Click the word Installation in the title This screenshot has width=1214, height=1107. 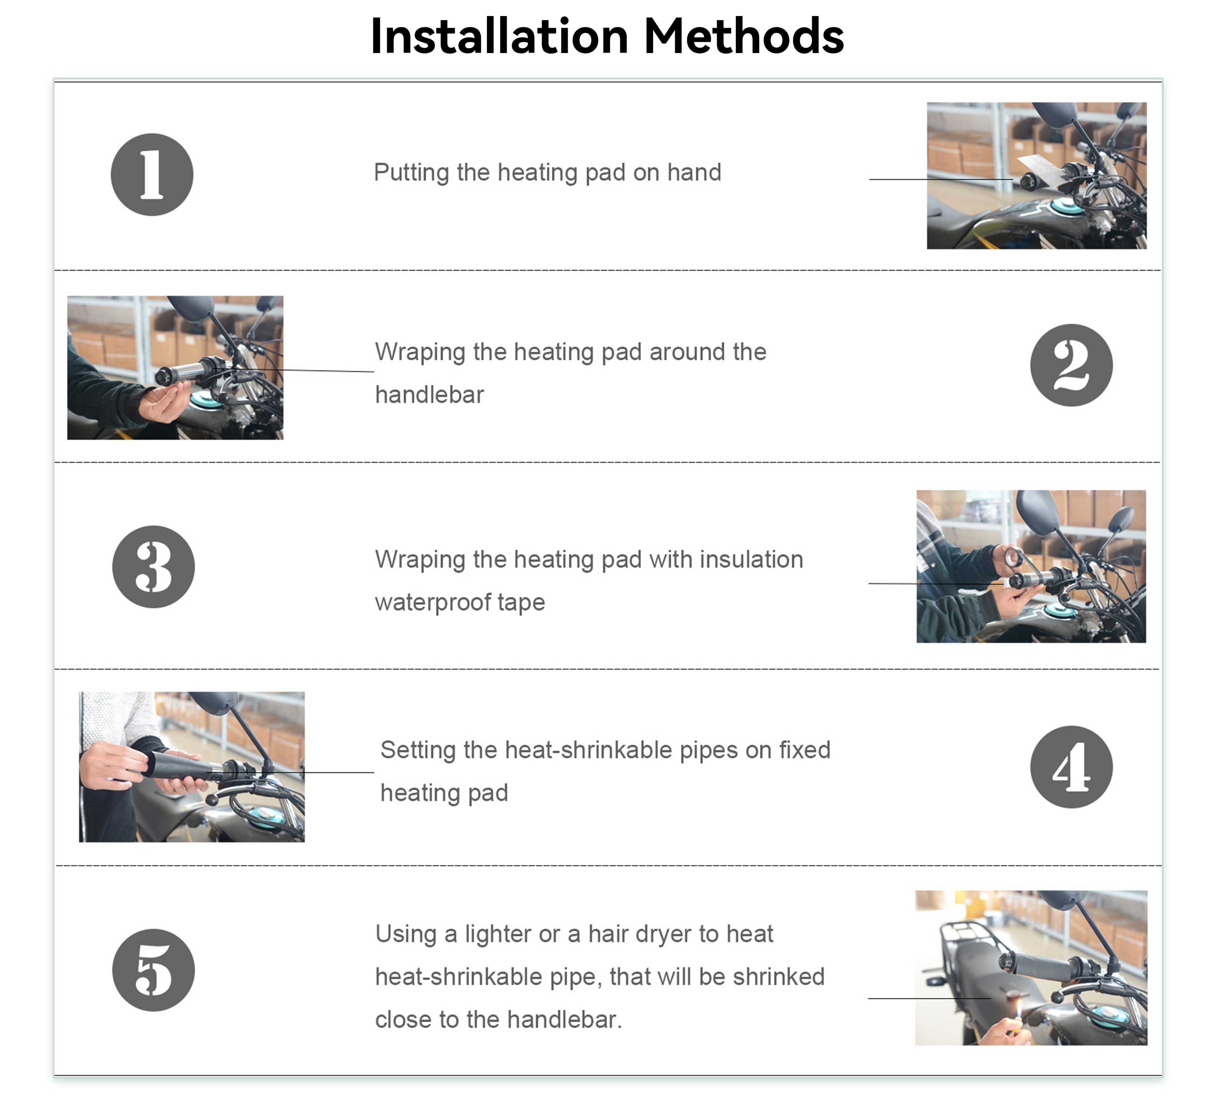pyautogui.click(x=500, y=36)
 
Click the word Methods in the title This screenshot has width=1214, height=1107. pyautogui.click(x=744, y=36)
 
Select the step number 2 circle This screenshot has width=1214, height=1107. pyautogui.click(x=1071, y=365)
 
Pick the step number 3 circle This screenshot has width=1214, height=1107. pyautogui.click(x=153, y=567)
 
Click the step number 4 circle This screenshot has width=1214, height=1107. pyautogui.click(x=1071, y=767)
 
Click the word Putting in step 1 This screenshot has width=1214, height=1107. pyautogui.click(x=411, y=173)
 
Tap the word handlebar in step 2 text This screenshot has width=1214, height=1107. pyautogui.click(x=430, y=395)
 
